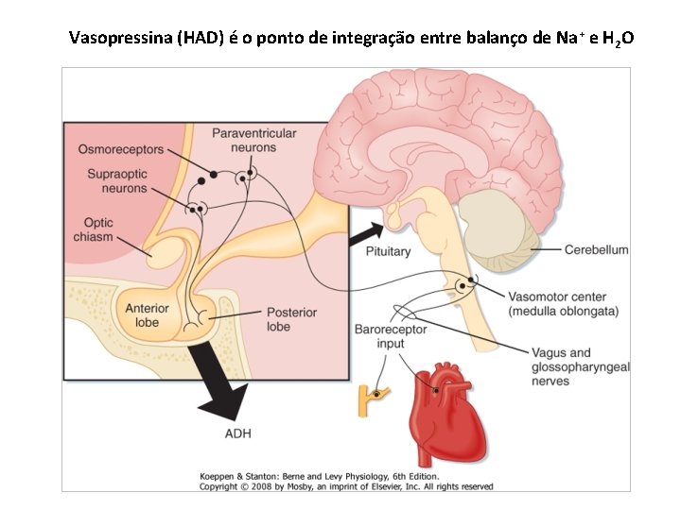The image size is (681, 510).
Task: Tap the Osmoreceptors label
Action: point(120,149)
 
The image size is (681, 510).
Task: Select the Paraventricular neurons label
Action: point(253,141)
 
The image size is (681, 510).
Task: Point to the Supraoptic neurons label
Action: point(117,180)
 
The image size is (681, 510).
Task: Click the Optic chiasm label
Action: point(93,229)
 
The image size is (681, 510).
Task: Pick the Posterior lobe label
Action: point(291,319)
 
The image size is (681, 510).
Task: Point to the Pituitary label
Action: point(388,252)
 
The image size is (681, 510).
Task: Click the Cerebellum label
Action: point(596,249)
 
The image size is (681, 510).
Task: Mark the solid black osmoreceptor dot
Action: point(214,175)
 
